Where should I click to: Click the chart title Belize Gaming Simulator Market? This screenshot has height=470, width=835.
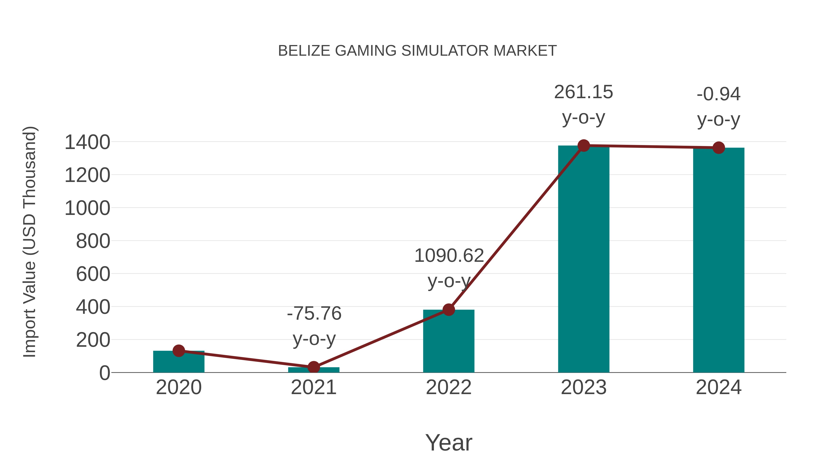[417, 51]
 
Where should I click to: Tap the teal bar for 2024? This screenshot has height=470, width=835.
[719, 260]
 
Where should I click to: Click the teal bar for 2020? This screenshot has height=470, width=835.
[179, 362]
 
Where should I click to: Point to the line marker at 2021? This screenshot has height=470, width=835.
[313, 367]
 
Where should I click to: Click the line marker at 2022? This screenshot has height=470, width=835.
[449, 310]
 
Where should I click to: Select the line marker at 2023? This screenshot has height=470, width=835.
[584, 146]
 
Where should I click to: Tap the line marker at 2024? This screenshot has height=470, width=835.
[719, 148]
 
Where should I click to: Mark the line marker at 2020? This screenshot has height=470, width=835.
[179, 351]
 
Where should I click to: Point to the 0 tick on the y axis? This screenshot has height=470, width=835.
[105, 373]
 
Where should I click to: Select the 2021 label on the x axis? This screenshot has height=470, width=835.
[313, 387]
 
